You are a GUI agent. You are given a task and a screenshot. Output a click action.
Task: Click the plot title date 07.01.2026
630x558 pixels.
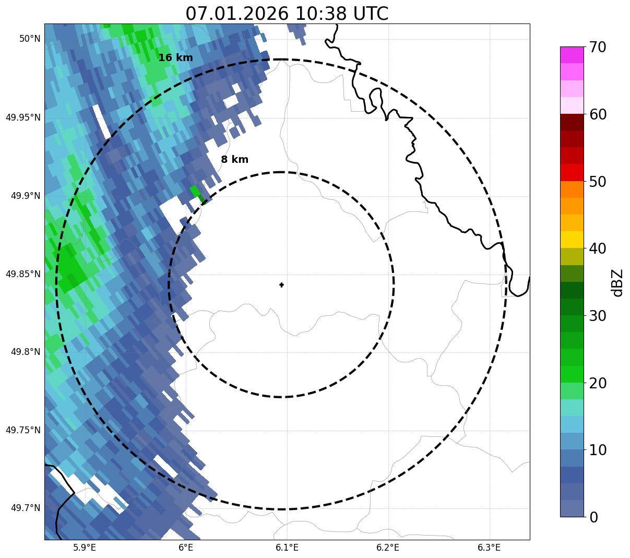(236, 14)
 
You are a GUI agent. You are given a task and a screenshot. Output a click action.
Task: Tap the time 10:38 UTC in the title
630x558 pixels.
(342, 14)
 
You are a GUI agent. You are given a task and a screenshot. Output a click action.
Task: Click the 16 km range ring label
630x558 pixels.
(175, 58)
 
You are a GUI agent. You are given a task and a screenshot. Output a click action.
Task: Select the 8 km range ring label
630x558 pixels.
(234, 160)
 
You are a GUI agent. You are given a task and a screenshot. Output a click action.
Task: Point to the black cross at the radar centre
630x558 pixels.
(282, 285)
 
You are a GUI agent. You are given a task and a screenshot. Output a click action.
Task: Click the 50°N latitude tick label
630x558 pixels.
(30, 39)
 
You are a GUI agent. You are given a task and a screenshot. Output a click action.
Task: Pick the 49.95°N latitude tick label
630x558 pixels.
(23, 117)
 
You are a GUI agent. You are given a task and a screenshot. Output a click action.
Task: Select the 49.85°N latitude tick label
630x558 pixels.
(23, 274)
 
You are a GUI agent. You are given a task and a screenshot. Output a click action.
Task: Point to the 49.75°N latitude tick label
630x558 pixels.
(23, 430)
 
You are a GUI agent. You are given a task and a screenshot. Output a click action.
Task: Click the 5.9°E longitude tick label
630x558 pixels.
(85, 548)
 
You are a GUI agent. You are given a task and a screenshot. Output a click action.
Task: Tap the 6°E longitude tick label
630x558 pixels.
(186, 548)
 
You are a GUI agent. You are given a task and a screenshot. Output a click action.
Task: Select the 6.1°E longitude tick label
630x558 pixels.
(287, 548)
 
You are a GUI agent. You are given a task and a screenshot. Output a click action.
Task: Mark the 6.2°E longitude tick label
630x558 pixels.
(388, 548)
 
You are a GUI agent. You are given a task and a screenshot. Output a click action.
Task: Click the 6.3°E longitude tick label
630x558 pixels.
(489, 548)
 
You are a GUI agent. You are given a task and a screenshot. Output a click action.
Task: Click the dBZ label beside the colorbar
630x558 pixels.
(617, 283)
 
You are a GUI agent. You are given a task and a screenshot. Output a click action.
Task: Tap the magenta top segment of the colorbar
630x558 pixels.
(572, 55)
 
